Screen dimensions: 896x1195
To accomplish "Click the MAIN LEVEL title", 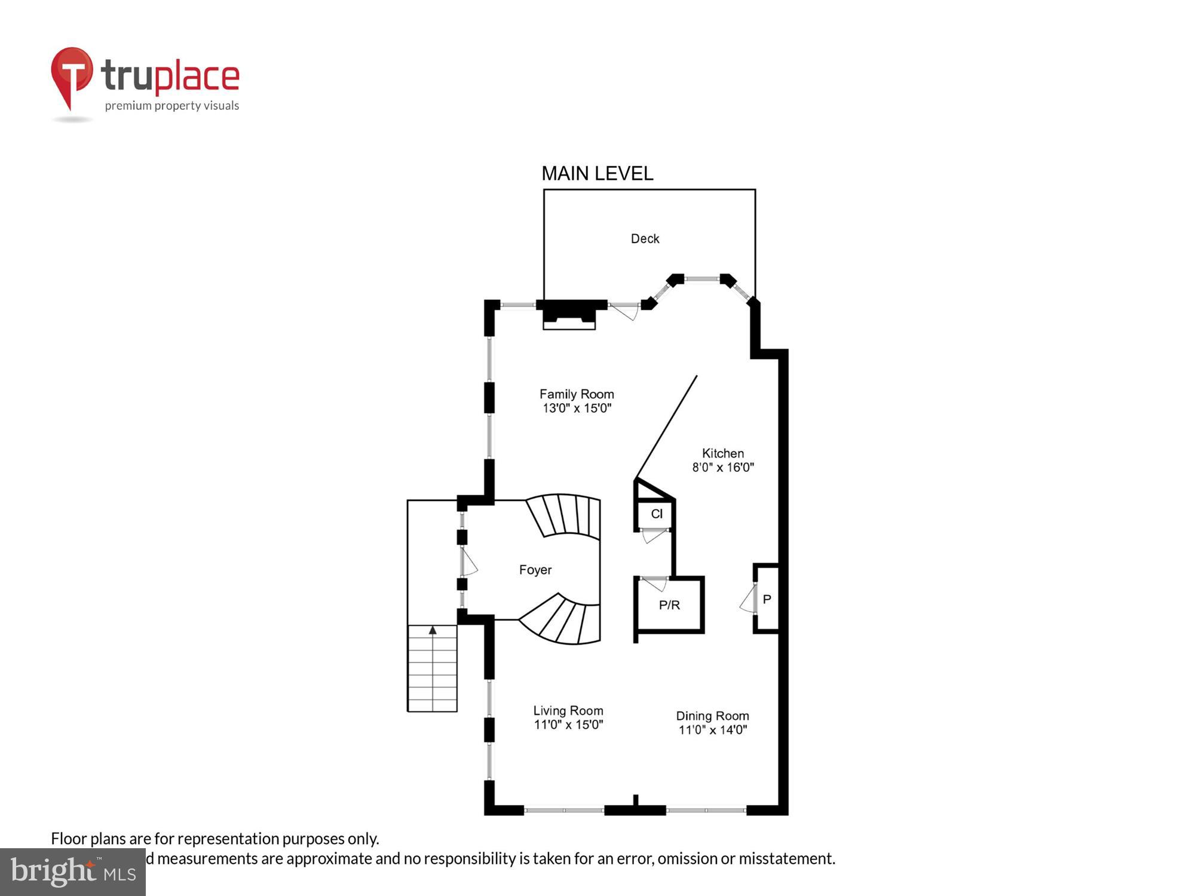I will click(x=597, y=174).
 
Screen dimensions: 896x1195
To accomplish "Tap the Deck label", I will click(x=645, y=239).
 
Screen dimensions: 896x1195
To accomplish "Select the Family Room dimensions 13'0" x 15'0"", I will click(x=577, y=409).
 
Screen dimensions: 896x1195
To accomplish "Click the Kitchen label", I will click(x=723, y=453).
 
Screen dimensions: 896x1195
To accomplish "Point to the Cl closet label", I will click(x=657, y=514).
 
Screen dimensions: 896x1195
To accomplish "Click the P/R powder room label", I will click(x=669, y=605).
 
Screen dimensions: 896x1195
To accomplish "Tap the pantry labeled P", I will click(x=767, y=599).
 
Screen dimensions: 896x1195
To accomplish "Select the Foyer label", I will click(x=535, y=570).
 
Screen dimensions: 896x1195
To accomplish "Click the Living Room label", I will click(x=568, y=711).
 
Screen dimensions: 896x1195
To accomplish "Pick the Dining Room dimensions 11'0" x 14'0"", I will click(x=713, y=730).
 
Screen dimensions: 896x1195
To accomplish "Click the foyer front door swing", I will click(x=469, y=563).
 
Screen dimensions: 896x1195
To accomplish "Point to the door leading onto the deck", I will click(x=625, y=311).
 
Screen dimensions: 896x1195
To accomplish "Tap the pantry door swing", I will click(x=747, y=600).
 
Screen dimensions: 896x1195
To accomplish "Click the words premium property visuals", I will click(x=172, y=106).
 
